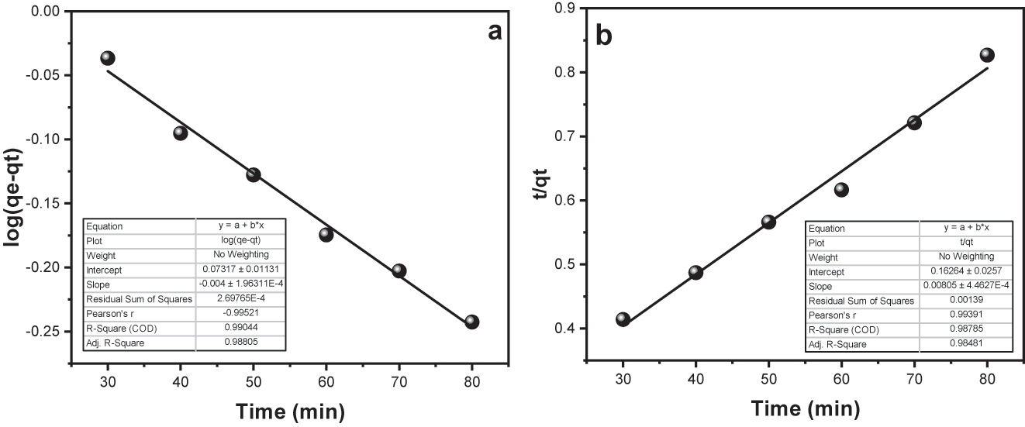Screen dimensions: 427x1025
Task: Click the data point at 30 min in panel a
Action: point(108,58)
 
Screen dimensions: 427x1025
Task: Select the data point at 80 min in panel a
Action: point(472,322)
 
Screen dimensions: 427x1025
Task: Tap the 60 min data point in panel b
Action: point(841,190)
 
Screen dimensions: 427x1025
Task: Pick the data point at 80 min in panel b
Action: point(987,55)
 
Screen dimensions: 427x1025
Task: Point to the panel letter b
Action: point(604,36)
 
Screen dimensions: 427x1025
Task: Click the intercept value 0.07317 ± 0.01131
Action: point(243,269)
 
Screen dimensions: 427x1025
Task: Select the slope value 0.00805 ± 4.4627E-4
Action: point(965,287)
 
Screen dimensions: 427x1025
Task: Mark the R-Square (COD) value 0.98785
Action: point(965,329)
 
